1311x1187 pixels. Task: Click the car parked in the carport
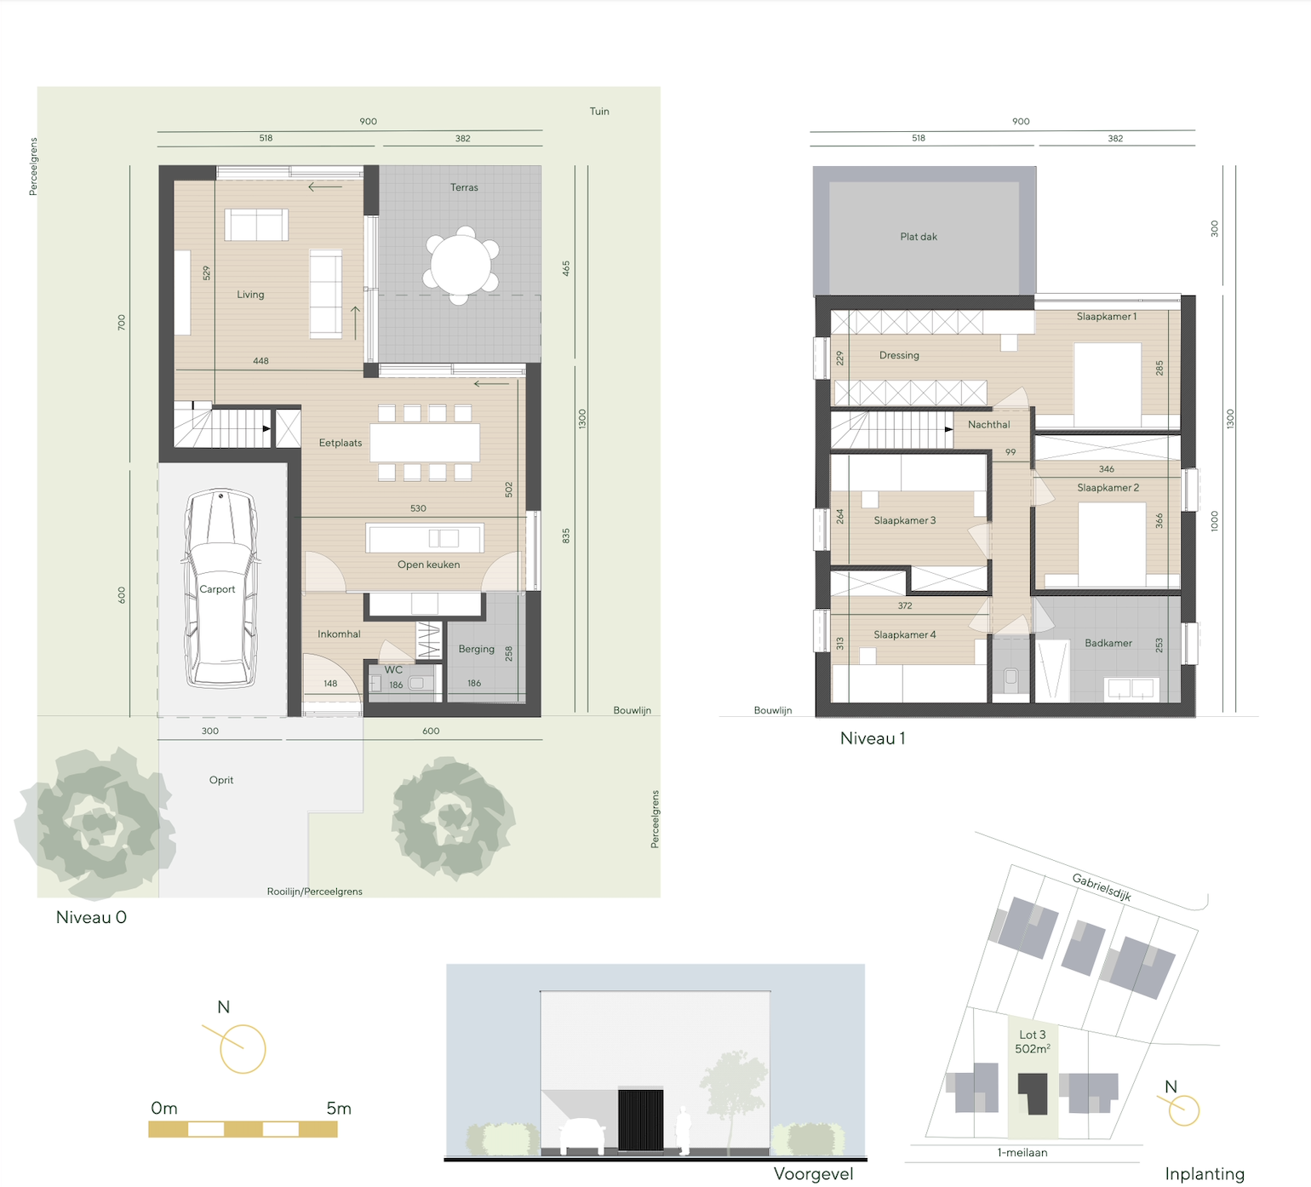(220, 588)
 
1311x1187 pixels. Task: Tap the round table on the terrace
(461, 265)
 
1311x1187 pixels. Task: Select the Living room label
(250, 295)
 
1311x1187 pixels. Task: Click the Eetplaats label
(341, 443)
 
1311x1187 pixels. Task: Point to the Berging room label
(476, 649)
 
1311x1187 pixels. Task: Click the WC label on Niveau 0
(393, 670)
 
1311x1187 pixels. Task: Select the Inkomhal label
(339, 634)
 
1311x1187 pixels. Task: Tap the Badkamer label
(1108, 643)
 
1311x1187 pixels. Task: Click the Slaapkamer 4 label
(905, 634)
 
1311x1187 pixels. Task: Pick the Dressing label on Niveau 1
(899, 355)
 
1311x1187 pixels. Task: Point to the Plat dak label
(919, 237)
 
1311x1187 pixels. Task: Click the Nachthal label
(989, 424)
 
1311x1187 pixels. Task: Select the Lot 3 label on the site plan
(1033, 1035)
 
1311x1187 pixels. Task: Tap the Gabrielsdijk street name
(1102, 887)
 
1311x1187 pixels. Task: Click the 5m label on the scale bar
(339, 1108)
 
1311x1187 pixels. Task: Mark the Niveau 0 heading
(91, 917)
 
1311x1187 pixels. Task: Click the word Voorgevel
(813, 1174)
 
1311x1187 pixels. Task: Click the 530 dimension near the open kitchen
(418, 508)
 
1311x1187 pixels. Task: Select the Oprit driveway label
(221, 780)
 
